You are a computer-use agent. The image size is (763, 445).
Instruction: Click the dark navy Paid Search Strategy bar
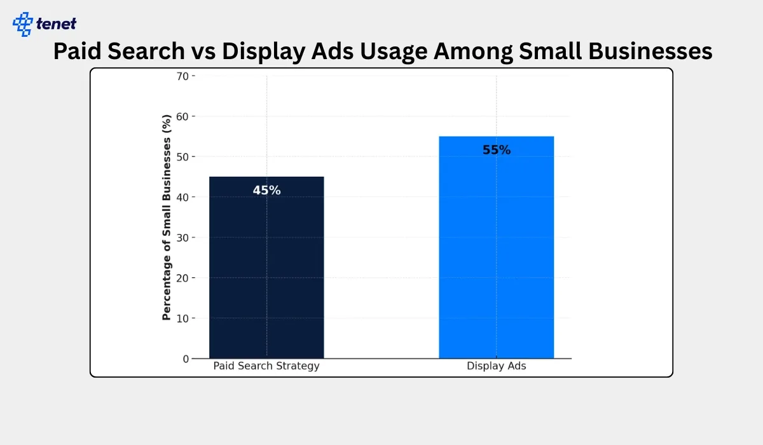click(266, 267)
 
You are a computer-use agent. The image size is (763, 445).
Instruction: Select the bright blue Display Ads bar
click(496, 248)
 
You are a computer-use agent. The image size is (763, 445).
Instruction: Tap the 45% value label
click(266, 190)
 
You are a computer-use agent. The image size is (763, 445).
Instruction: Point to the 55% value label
click(496, 150)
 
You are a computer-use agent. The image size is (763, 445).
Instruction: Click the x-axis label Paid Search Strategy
click(266, 366)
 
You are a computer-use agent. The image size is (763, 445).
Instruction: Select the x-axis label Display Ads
click(496, 366)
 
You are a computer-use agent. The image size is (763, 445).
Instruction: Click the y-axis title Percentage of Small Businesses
click(167, 217)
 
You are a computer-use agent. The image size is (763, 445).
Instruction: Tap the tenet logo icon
click(23, 24)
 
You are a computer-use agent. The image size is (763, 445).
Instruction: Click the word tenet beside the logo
click(57, 24)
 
